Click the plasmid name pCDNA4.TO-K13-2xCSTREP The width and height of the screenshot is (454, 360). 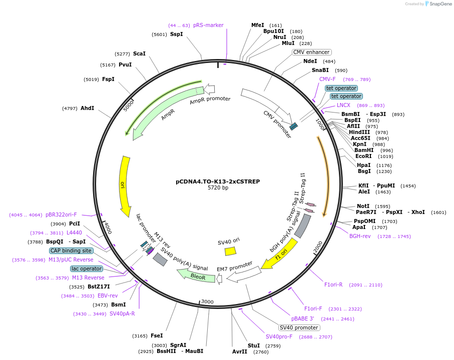click(218, 181)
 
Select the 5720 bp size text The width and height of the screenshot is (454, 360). click(218, 188)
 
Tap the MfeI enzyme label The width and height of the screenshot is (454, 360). click(257, 25)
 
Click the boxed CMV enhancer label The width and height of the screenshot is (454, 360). click(311, 52)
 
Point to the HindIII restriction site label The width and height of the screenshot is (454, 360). click(359, 132)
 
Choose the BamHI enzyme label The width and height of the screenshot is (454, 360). click(364, 150)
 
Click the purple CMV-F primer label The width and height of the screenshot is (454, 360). click(327, 79)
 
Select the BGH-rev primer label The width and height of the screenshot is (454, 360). click(360, 236)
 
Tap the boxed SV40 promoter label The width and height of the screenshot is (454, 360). click(299, 327)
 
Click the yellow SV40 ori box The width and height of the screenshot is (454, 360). click(230, 251)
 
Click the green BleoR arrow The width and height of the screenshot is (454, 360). click(196, 275)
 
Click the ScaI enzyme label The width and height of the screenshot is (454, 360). click(139, 53)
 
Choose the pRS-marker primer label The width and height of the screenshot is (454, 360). click(208, 25)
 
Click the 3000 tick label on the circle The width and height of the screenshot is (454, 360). click(207, 302)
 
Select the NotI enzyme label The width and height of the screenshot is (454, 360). click(363, 206)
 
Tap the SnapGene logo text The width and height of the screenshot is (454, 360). click(437, 4)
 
